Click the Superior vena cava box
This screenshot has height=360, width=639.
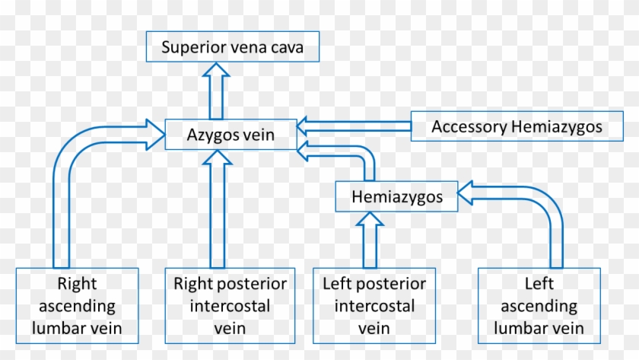[x=233, y=48]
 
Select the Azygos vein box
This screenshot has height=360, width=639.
[x=230, y=135]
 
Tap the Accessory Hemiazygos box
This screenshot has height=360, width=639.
[x=517, y=126]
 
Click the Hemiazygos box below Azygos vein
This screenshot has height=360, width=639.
[x=397, y=196]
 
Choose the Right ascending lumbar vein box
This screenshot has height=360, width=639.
[x=77, y=306]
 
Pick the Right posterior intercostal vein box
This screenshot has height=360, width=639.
[x=230, y=306]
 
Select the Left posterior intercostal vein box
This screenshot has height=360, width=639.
[x=374, y=306]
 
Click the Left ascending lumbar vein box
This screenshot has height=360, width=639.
[x=539, y=306]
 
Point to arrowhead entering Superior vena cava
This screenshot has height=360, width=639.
[x=218, y=72]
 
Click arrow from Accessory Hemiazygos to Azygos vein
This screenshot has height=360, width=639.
[x=354, y=126]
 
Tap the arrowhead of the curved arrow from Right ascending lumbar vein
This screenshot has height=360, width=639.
[x=155, y=135]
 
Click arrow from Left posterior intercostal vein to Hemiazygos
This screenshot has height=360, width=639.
[x=370, y=237]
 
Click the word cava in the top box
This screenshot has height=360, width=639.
[x=288, y=48]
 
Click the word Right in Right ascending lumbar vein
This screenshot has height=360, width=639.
[x=77, y=284]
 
